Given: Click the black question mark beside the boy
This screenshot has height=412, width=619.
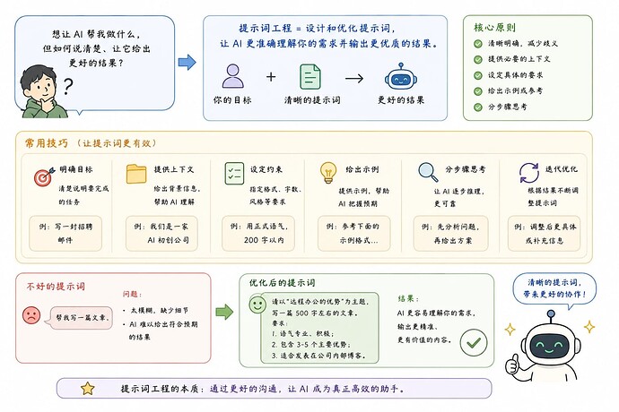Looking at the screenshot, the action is click(x=68, y=87).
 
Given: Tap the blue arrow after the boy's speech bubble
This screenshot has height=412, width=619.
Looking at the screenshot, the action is click(x=187, y=63).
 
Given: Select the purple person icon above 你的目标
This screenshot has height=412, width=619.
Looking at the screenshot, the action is click(x=232, y=76).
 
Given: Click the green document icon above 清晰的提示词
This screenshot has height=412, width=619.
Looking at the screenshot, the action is click(x=309, y=76).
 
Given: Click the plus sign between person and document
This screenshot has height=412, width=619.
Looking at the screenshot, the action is click(x=271, y=76).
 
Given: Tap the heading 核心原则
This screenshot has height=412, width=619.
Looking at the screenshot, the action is click(x=494, y=28).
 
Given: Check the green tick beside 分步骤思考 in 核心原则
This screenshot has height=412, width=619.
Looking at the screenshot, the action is click(x=477, y=107).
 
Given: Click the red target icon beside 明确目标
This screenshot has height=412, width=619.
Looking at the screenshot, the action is click(x=44, y=176).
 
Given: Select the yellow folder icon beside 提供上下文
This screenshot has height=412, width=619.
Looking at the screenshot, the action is click(x=136, y=175).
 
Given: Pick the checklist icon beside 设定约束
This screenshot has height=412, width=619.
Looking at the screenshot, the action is click(x=234, y=174).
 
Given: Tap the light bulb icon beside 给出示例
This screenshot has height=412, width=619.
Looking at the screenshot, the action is click(x=328, y=173).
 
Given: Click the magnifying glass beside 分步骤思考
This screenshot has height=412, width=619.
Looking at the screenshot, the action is click(x=428, y=172).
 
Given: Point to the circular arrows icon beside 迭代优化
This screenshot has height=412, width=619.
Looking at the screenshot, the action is click(x=528, y=173).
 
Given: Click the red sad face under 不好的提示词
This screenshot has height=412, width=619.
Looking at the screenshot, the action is click(x=31, y=315).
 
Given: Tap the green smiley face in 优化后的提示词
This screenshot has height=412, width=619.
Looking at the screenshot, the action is click(x=257, y=305).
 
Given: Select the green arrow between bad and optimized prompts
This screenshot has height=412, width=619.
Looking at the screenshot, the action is click(x=224, y=312).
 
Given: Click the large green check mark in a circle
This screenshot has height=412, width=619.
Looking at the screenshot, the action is click(x=474, y=343).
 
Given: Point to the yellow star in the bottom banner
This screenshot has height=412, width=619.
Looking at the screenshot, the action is click(x=88, y=389).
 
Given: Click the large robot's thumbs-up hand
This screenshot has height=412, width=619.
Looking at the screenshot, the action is click(x=512, y=365).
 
